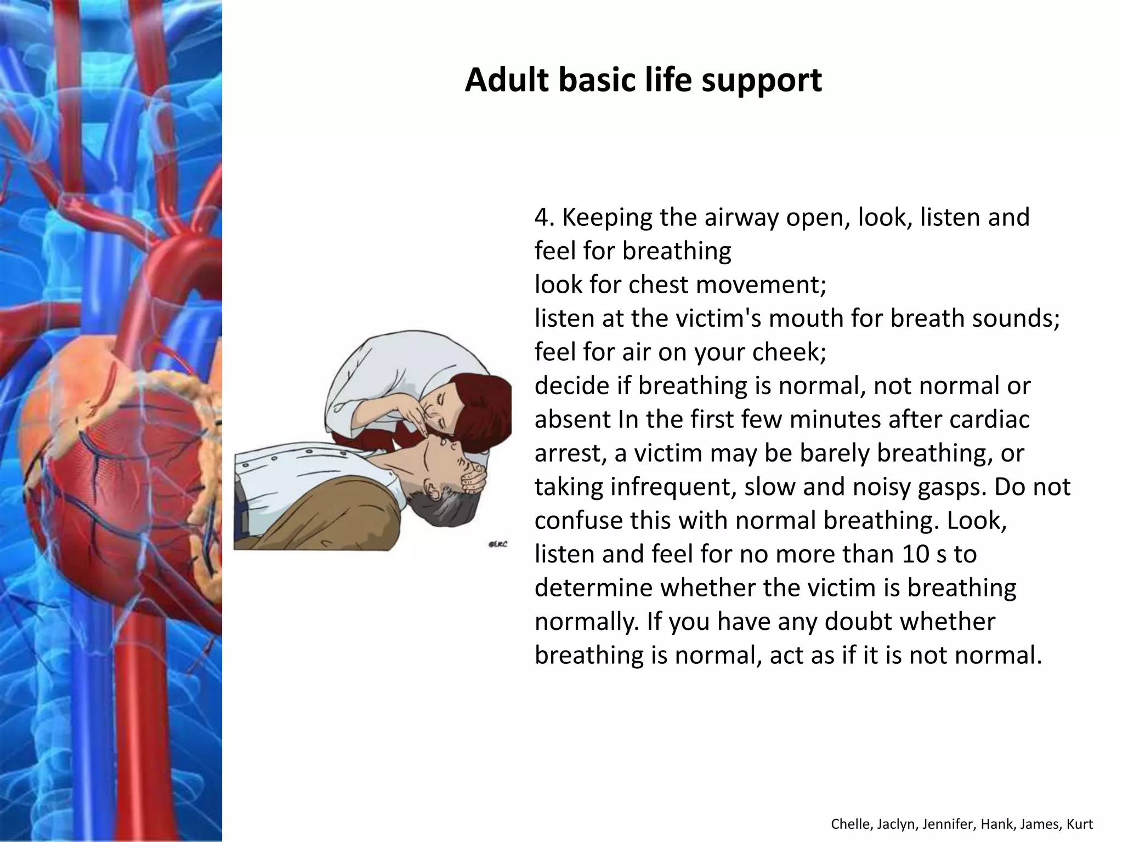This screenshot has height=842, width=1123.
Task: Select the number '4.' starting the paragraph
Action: click(545, 218)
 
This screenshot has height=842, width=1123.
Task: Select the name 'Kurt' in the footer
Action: click(1080, 824)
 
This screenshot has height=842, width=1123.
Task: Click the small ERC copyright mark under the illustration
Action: click(497, 544)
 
